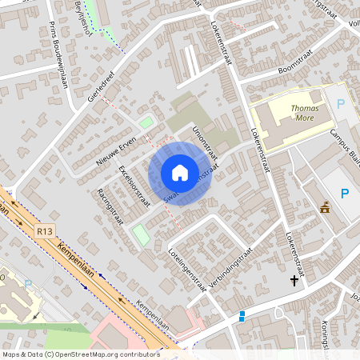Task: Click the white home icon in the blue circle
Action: (x=180, y=172)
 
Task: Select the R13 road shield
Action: (x=45, y=231)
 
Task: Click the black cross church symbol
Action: (x=294, y=281)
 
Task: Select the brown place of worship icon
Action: (x=325, y=207)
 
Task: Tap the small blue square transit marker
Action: (x=242, y=314)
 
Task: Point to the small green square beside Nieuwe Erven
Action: (x=146, y=123)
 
